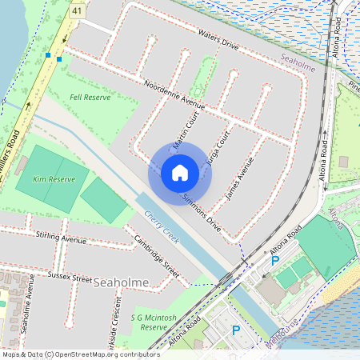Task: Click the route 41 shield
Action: coord(77,12)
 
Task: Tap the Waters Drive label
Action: coord(218,40)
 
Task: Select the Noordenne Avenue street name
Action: coord(174,94)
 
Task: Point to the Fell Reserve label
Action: coord(90,97)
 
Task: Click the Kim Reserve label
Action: coord(50,180)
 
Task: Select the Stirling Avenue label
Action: coord(61,238)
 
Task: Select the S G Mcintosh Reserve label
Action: coord(154,322)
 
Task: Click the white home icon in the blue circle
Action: coord(180,172)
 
